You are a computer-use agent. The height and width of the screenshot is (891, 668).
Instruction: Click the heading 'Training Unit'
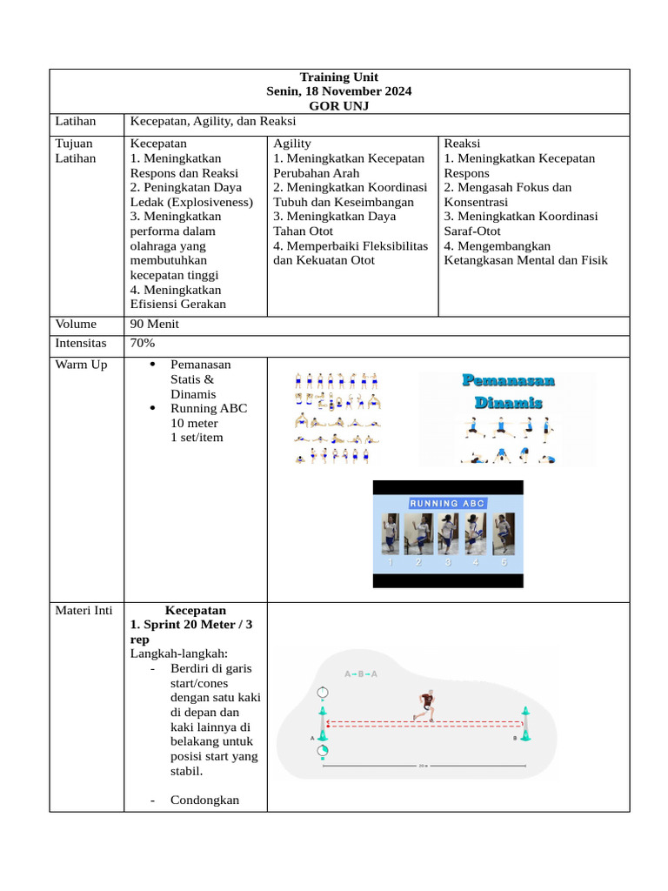tap(338, 77)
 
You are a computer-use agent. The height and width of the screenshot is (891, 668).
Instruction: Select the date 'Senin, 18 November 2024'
tap(338, 91)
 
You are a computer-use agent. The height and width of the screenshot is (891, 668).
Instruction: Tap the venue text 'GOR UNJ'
tap(338, 106)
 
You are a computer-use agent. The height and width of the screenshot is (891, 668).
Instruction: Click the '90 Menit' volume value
tap(155, 324)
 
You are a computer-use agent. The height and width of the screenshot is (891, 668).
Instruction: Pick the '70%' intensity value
tap(143, 343)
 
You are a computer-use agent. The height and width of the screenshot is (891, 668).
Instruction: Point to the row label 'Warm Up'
tap(81, 365)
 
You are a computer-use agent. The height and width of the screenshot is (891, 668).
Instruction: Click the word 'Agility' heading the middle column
tap(292, 144)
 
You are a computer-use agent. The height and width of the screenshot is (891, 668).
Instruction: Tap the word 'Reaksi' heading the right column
tap(463, 144)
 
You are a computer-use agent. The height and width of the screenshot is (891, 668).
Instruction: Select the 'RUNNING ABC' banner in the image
tap(448, 503)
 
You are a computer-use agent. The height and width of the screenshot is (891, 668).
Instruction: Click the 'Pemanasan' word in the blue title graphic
tap(509, 380)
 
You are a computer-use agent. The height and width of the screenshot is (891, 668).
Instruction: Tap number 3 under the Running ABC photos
tap(448, 563)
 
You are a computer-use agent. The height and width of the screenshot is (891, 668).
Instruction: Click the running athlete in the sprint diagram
tap(425, 705)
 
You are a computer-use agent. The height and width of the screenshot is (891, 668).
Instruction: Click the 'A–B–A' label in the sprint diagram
tap(361, 673)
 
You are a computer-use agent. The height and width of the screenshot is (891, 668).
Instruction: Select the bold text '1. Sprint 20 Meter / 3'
tap(191, 625)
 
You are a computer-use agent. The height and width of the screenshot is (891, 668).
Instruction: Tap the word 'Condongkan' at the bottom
tap(204, 801)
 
